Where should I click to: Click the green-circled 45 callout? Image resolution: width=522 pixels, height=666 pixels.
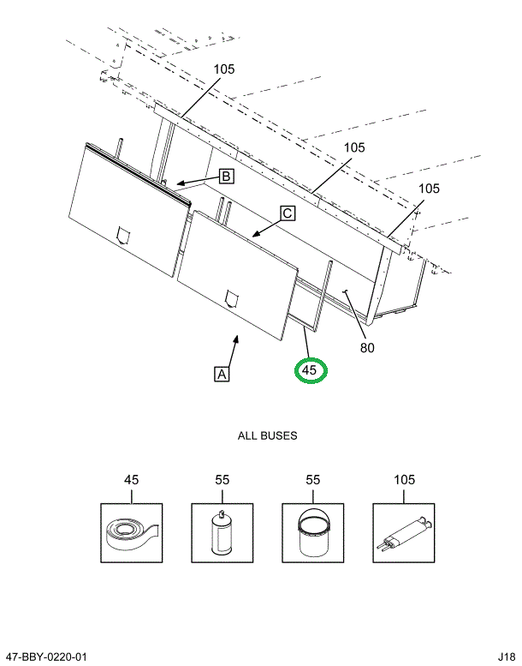[310, 370]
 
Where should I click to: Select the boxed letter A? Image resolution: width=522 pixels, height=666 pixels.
[222, 374]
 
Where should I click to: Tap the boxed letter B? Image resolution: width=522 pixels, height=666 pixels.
[226, 177]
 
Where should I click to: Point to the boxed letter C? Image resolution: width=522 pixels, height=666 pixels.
[287, 213]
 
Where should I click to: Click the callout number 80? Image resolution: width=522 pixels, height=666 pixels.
[367, 347]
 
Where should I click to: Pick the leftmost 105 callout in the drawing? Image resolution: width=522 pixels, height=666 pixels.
[223, 69]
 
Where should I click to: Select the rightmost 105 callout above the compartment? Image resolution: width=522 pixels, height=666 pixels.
[430, 188]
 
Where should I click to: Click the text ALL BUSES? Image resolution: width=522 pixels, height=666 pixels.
[267, 435]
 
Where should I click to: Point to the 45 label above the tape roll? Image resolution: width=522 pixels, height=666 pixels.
[131, 480]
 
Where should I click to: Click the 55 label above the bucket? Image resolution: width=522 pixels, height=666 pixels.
[312, 480]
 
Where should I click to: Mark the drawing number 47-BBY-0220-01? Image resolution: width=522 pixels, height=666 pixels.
[45, 657]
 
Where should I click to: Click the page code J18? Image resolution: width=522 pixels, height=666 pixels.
[505, 657]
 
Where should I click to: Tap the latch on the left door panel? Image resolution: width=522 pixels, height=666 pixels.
[122, 232]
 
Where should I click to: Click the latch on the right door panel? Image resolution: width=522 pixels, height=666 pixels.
[230, 297]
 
